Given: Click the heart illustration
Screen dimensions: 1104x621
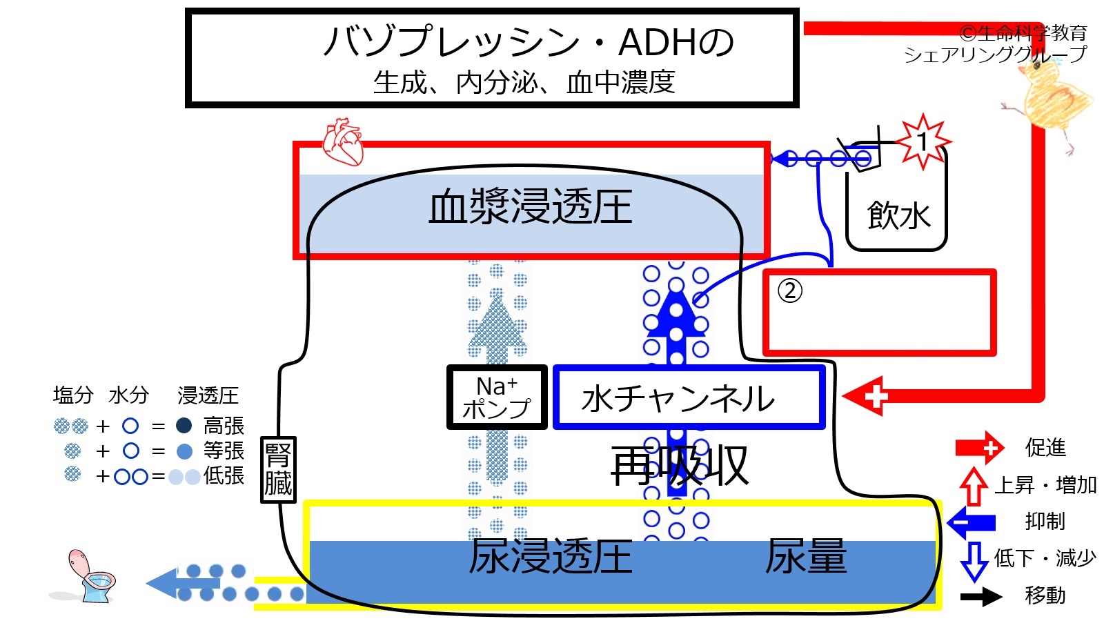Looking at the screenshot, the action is click(343, 142).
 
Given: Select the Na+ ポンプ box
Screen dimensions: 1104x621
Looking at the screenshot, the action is click(497, 397).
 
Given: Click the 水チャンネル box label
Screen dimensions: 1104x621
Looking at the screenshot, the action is click(677, 398).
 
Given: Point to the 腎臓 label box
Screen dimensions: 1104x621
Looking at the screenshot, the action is click(278, 469).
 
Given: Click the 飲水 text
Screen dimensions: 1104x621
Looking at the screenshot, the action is click(898, 216).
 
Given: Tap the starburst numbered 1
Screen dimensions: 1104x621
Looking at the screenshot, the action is click(923, 142).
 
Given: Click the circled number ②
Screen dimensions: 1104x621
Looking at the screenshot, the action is click(789, 291).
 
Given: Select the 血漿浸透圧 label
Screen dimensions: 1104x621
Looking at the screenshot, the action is click(531, 207).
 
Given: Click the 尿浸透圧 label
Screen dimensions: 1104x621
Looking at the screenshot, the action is click(551, 556).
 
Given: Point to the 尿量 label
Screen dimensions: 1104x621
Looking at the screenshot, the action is click(806, 556).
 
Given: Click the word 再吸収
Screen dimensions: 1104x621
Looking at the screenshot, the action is click(679, 466).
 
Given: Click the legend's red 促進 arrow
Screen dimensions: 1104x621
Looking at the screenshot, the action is click(979, 448).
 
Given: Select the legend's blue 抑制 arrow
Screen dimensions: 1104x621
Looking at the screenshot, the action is click(971, 522).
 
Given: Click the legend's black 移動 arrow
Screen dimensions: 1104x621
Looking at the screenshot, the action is click(980, 597).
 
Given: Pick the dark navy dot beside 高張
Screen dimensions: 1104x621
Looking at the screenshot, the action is click(184, 425).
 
